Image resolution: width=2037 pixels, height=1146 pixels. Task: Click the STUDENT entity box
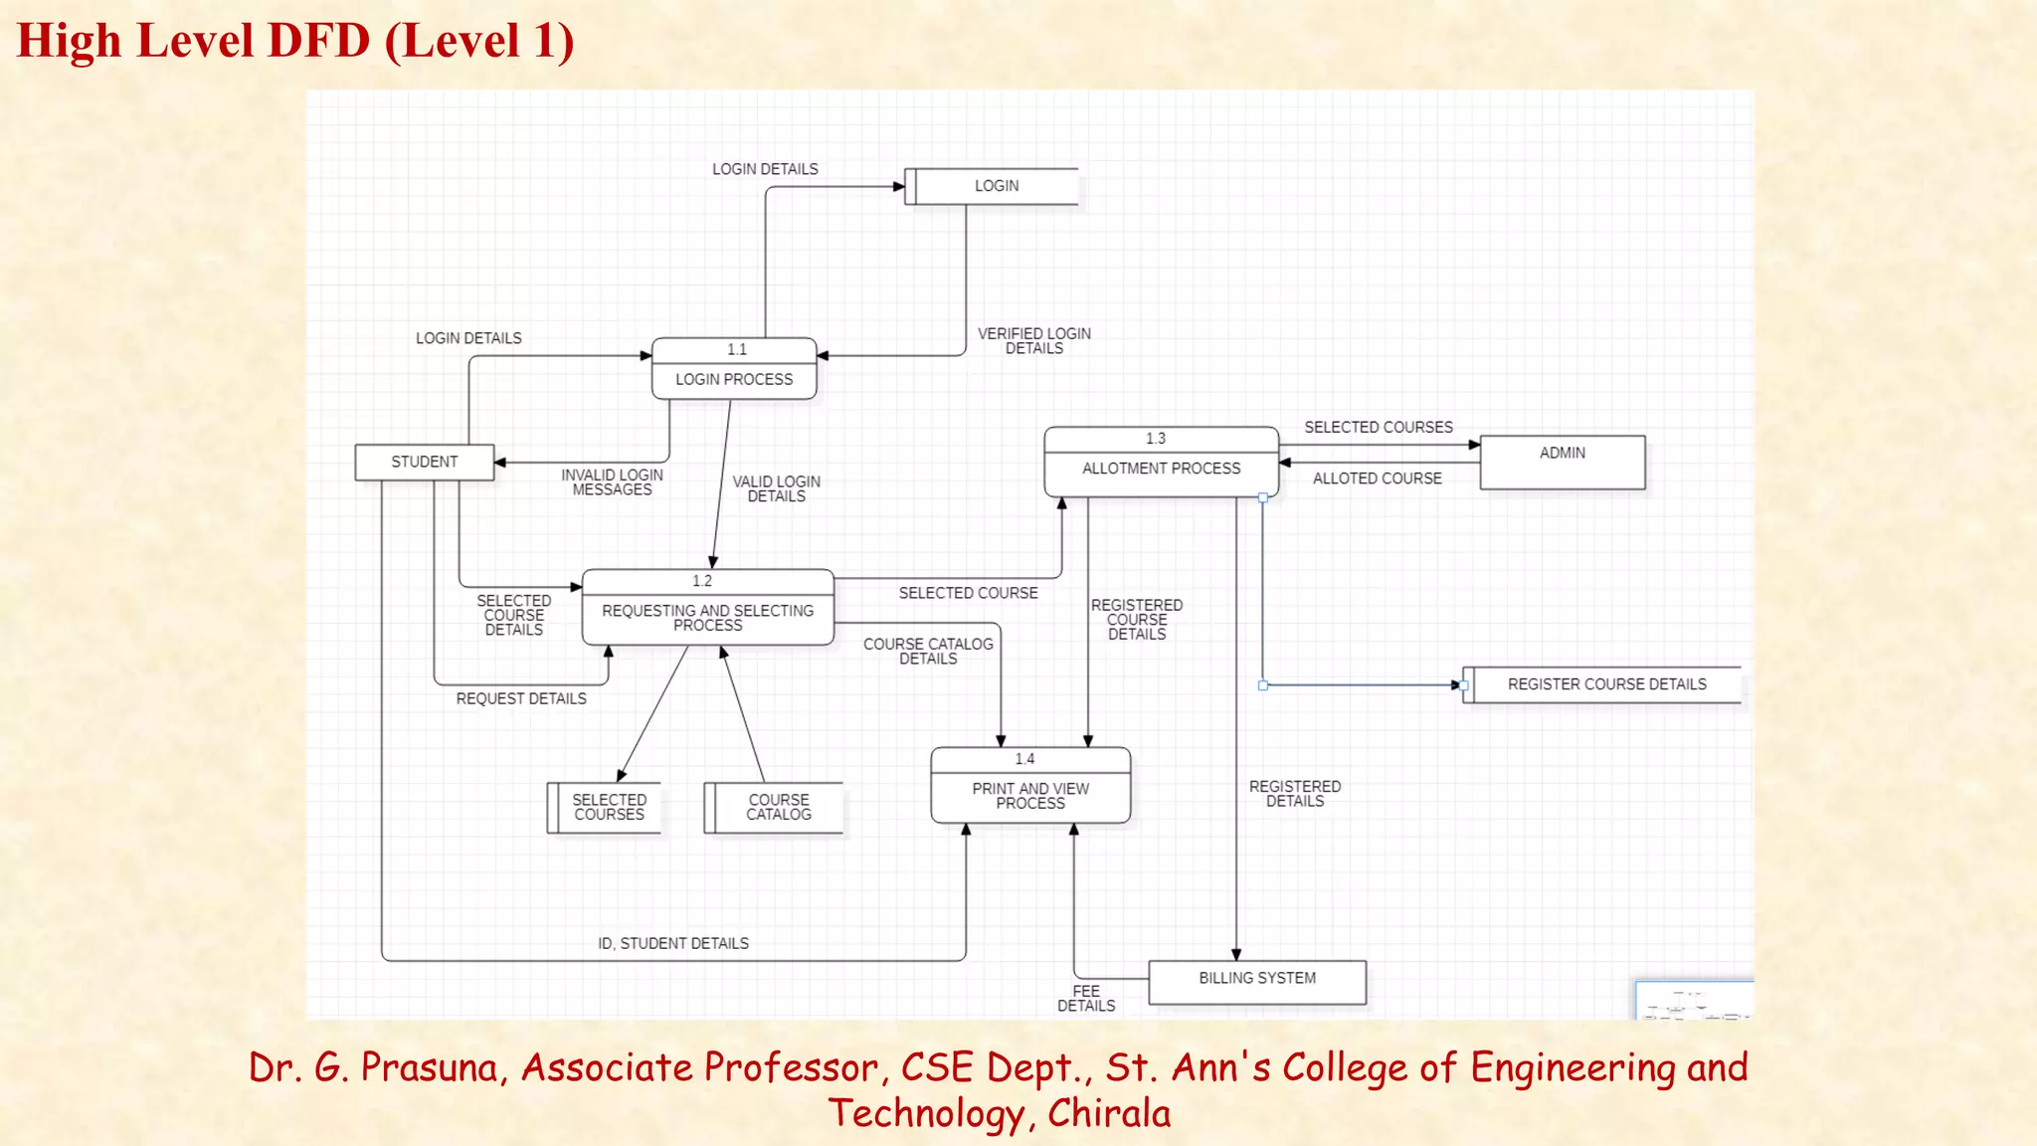[x=425, y=463]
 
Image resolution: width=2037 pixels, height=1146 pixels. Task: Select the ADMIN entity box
[x=1562, y=463]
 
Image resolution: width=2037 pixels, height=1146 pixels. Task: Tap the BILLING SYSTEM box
[x=1257, y=981]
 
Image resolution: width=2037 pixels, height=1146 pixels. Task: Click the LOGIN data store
[x=996, y=186]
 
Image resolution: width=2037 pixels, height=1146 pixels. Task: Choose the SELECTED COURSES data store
[x=608, y=808]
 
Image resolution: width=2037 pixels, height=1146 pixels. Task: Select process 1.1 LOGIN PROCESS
[x=734, y=370]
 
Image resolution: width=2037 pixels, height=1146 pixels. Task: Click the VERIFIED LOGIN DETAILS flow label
[x=1033, y=341]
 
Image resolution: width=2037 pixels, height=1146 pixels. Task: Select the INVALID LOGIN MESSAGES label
[x=612, y=482]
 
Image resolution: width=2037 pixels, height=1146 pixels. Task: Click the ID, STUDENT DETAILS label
[x=673, y=943]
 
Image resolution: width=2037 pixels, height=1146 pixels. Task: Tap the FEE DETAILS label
[x=1086, y=999]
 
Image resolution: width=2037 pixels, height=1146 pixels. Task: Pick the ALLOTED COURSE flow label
[x=1377, y=478]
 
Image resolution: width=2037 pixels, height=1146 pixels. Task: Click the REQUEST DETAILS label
[x=521, y=699]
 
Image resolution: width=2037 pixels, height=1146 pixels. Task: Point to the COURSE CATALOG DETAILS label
[x=928, y=652]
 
